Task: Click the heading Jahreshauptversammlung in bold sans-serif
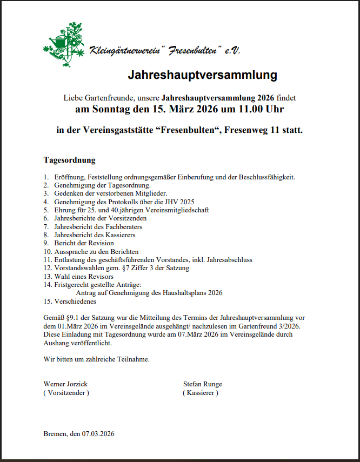(x=202, y=75)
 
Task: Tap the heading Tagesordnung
(x=69, y=160)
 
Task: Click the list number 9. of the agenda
(x=47, y=243)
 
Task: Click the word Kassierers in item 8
(x=119, y=235)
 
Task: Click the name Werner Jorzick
(x=65, y=384)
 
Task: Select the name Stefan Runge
(x=202, y=384)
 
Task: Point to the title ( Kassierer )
(x=201, y=393)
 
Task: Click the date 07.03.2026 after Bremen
(x=98, y=434)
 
